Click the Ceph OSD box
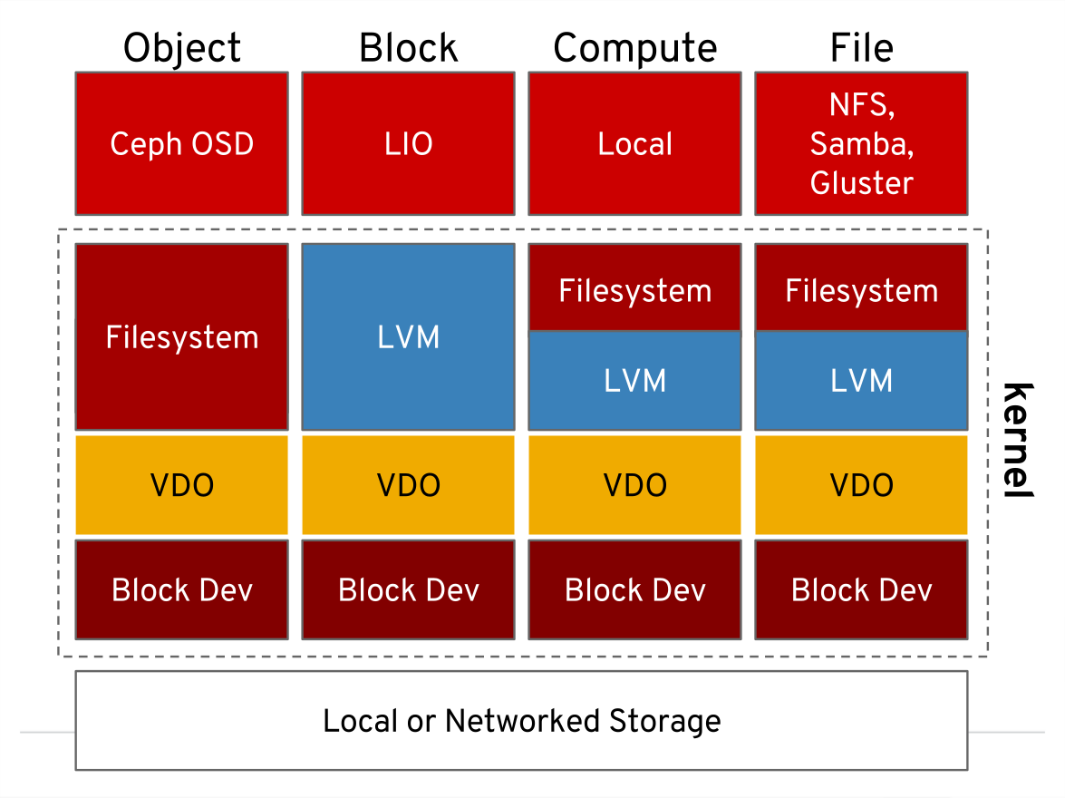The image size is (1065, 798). pos(181,143)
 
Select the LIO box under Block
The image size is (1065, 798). pos(408,143)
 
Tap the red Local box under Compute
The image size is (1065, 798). pos(634,143)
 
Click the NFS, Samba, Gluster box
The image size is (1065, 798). pos(861,143)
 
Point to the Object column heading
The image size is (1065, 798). pos(182,47)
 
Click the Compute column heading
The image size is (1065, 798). pos(634,47)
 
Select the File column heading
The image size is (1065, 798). pos(861,47)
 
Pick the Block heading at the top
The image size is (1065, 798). pos(408,47)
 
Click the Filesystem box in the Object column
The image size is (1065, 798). pos(181,336)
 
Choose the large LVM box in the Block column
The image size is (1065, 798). pos(408,336)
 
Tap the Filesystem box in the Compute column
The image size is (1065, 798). pos(634,290)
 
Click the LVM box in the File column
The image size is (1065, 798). pos(861,380)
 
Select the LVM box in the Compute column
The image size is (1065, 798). pos(634,380)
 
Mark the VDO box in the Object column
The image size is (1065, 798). pos(181,485)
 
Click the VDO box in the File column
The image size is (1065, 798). pos(861,485)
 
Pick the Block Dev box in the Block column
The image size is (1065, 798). pos(408,589)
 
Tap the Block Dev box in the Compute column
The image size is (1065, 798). pos(634,589)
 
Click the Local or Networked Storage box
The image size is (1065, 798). pos(521,720)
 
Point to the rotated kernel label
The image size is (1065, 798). pos(1019,440)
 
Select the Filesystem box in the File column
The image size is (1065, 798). pos(861,290)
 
